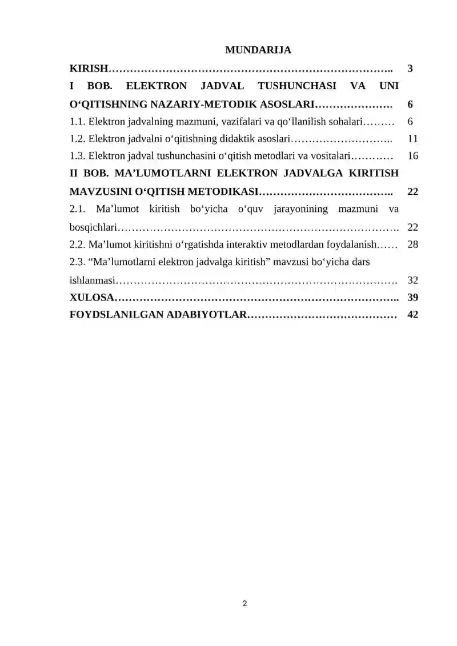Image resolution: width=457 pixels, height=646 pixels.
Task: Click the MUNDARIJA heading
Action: click(258, 50)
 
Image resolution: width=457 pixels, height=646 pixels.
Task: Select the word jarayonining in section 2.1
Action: click(301, 208)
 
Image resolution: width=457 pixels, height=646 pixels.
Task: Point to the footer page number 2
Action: click(244, 603)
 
